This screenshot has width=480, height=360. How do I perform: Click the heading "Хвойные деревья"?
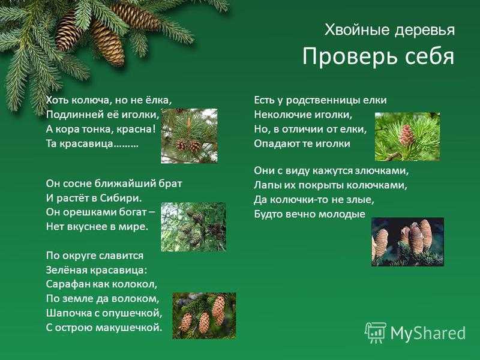389,30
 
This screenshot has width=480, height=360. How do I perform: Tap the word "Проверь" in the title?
348,56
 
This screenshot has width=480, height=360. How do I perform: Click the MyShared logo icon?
376,333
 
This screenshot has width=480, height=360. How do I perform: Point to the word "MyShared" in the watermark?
428,333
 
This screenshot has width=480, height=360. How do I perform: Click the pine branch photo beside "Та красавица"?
189,136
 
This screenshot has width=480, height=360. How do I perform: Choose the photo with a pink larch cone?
407,137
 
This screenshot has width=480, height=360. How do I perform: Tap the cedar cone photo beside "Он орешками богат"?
193,227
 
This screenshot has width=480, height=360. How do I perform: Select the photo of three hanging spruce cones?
204,316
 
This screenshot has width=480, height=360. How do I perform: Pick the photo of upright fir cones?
408,242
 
